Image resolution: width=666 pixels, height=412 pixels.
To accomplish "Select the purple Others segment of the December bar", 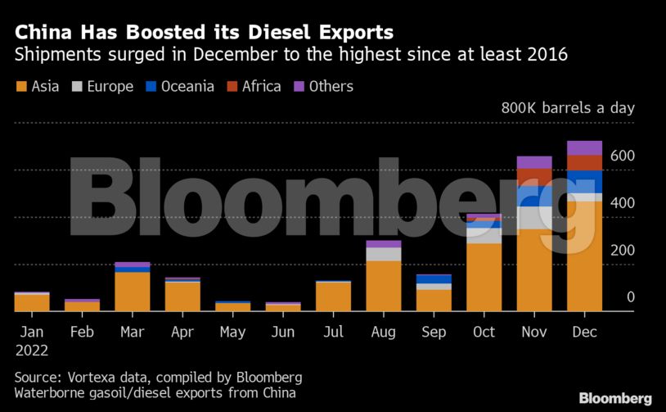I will coord(584,147).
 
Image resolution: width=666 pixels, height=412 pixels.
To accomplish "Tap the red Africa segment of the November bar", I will coord(534,176).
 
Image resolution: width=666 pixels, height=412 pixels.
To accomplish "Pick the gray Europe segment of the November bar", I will coord(534,217).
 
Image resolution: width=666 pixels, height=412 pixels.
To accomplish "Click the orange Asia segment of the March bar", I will coord(133,292).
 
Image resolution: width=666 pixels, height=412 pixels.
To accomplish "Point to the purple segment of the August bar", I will coord(384,244).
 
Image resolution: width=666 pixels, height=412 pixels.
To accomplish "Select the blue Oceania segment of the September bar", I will coord(434,279).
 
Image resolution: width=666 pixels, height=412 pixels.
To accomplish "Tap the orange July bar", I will coord(334,297).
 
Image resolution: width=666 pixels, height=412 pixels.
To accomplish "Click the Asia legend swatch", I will coord(21,87).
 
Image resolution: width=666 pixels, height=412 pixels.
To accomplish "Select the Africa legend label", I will coord(261,86).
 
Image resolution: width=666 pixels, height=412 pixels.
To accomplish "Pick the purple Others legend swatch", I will coord(299,87).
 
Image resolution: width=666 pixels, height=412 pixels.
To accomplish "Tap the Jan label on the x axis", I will coord(30,332).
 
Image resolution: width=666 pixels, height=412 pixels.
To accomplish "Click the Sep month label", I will coord(434,332).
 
